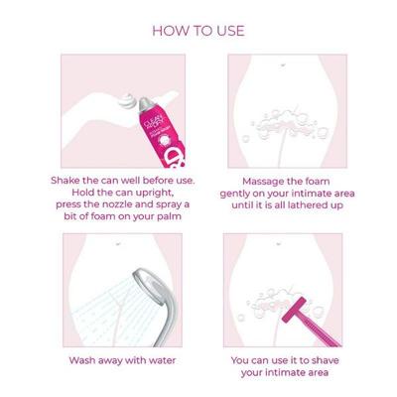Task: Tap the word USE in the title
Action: [x=226, y=31]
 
